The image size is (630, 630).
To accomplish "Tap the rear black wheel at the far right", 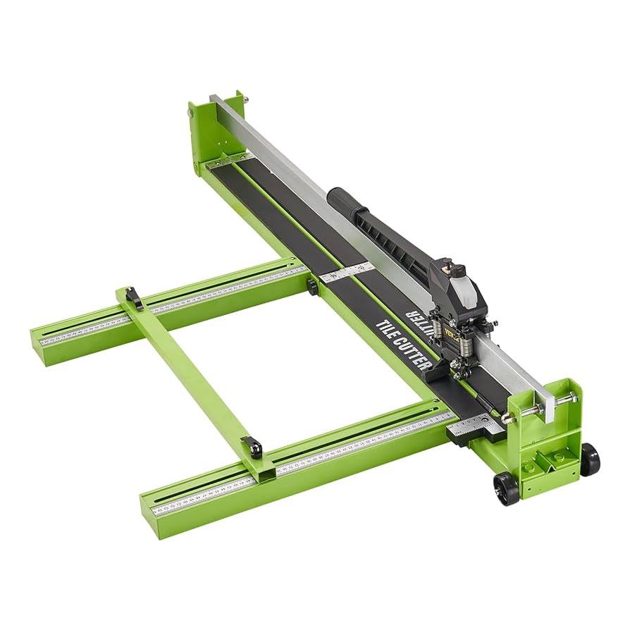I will pos(589,459).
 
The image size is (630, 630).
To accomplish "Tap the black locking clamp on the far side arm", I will pos(134,298).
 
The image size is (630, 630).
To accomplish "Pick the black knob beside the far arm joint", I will pos(311,286).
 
